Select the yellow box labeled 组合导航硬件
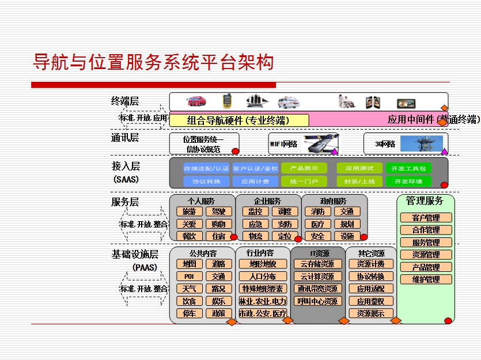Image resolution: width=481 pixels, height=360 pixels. pyautogui.click(x=239, y=120)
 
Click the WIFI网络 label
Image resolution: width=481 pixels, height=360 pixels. pyautogui.click(x=283, y=144)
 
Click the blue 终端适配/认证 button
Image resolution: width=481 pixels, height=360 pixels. pyautogui.click(x=206, y=168)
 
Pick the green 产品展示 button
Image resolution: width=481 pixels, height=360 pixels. pyautogui.click(x=304, y=168)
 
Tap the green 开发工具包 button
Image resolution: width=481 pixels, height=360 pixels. pyautogui.click(x=408, y=168)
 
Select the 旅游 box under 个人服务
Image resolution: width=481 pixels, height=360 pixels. pyautogui.click(x=189, y=211)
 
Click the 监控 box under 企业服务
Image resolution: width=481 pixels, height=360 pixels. pyautogui.click(x=255, y=211)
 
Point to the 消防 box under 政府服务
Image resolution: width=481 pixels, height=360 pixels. pyautogui.click(x=317, y=211)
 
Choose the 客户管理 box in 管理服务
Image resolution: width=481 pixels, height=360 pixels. pyautogui.click(x=426, y=218)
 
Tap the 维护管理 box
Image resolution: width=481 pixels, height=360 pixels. pyautogui.click(x=426, y=279)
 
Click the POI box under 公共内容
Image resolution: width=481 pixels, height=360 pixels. pyautogui.click(x=189, y=276)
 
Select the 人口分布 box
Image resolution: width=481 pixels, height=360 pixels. pyautogui.click(x=262, y=276)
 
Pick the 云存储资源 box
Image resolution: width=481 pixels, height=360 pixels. pyautogui.click(x=317, y=264)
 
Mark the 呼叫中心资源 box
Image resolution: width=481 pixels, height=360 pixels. pyautogui.click(x=317, y=301)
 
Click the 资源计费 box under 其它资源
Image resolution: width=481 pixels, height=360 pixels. pyautogui.click(x=370, y=264)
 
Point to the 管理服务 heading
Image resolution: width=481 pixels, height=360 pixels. pyautogui.click(x=425, y=200)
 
